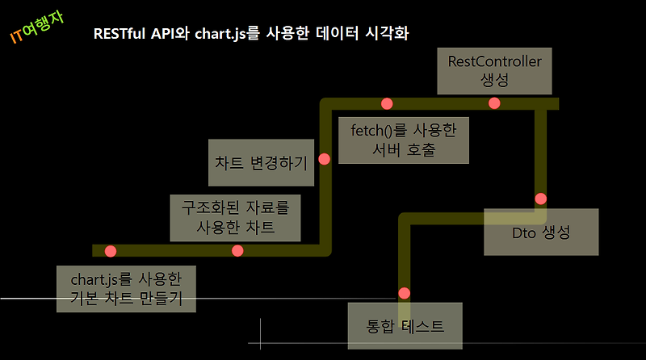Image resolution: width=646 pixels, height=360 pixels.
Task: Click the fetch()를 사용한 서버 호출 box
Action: point(404,140)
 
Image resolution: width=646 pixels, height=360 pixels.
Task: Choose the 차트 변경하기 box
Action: point(261,161)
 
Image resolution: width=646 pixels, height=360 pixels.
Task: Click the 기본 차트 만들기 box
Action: point(126,289)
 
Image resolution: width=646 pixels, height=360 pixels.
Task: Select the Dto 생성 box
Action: point(541,232)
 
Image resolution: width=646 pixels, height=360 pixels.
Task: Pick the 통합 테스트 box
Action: point(405,327)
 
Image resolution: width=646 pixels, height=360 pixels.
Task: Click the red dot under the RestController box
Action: point(494,103)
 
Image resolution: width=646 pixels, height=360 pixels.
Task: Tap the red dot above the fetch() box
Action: point(387,103)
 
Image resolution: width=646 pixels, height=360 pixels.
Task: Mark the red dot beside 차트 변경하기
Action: point(325,159)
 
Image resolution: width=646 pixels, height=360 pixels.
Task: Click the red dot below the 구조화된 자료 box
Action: point(237,250)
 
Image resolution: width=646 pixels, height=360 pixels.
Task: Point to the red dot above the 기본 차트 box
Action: point(111,250)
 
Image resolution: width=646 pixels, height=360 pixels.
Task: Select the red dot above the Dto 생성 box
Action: point(541,199)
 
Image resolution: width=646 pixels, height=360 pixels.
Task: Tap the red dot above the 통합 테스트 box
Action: point(405,293)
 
